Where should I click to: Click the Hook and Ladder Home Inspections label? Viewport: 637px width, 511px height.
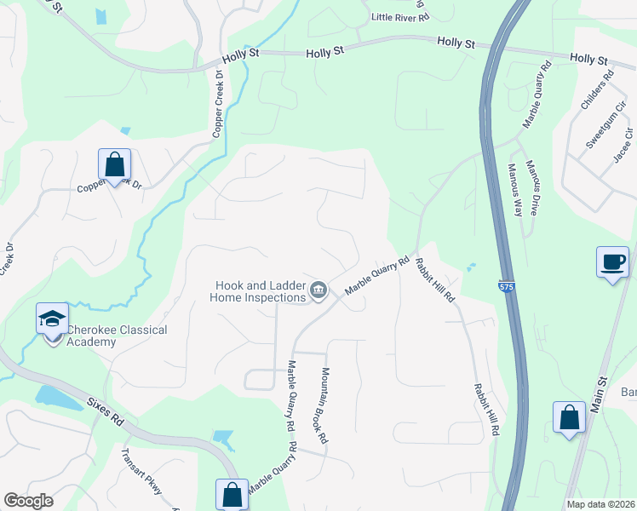click(258, 291)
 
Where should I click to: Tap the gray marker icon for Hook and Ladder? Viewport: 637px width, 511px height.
click(318, 291)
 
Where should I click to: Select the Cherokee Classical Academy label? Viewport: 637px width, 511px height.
click(117, 336)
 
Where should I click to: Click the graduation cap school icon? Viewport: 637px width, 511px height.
click(52, 319)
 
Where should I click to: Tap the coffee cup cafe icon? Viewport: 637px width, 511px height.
click(613, 261)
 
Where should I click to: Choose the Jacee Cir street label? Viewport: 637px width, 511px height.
click(623, 146)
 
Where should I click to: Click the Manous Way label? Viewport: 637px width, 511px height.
click(516, 189)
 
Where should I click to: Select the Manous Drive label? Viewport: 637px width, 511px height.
click(534, 187)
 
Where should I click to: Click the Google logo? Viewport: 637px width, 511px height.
click(28, 501)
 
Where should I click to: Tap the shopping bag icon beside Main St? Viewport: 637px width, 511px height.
click(569, 418)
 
